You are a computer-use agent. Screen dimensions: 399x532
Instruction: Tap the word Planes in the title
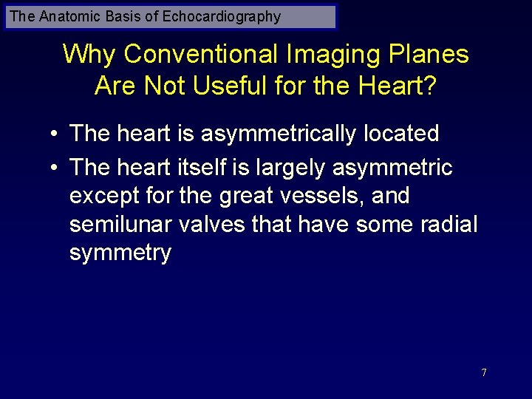[432, 54]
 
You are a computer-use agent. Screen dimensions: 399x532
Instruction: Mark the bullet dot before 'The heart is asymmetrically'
[55, 134]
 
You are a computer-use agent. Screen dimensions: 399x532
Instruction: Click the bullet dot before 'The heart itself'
[55, 168]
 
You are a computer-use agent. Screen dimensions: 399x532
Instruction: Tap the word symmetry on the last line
[120, 253]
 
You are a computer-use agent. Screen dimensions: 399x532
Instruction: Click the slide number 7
[484, 372]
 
